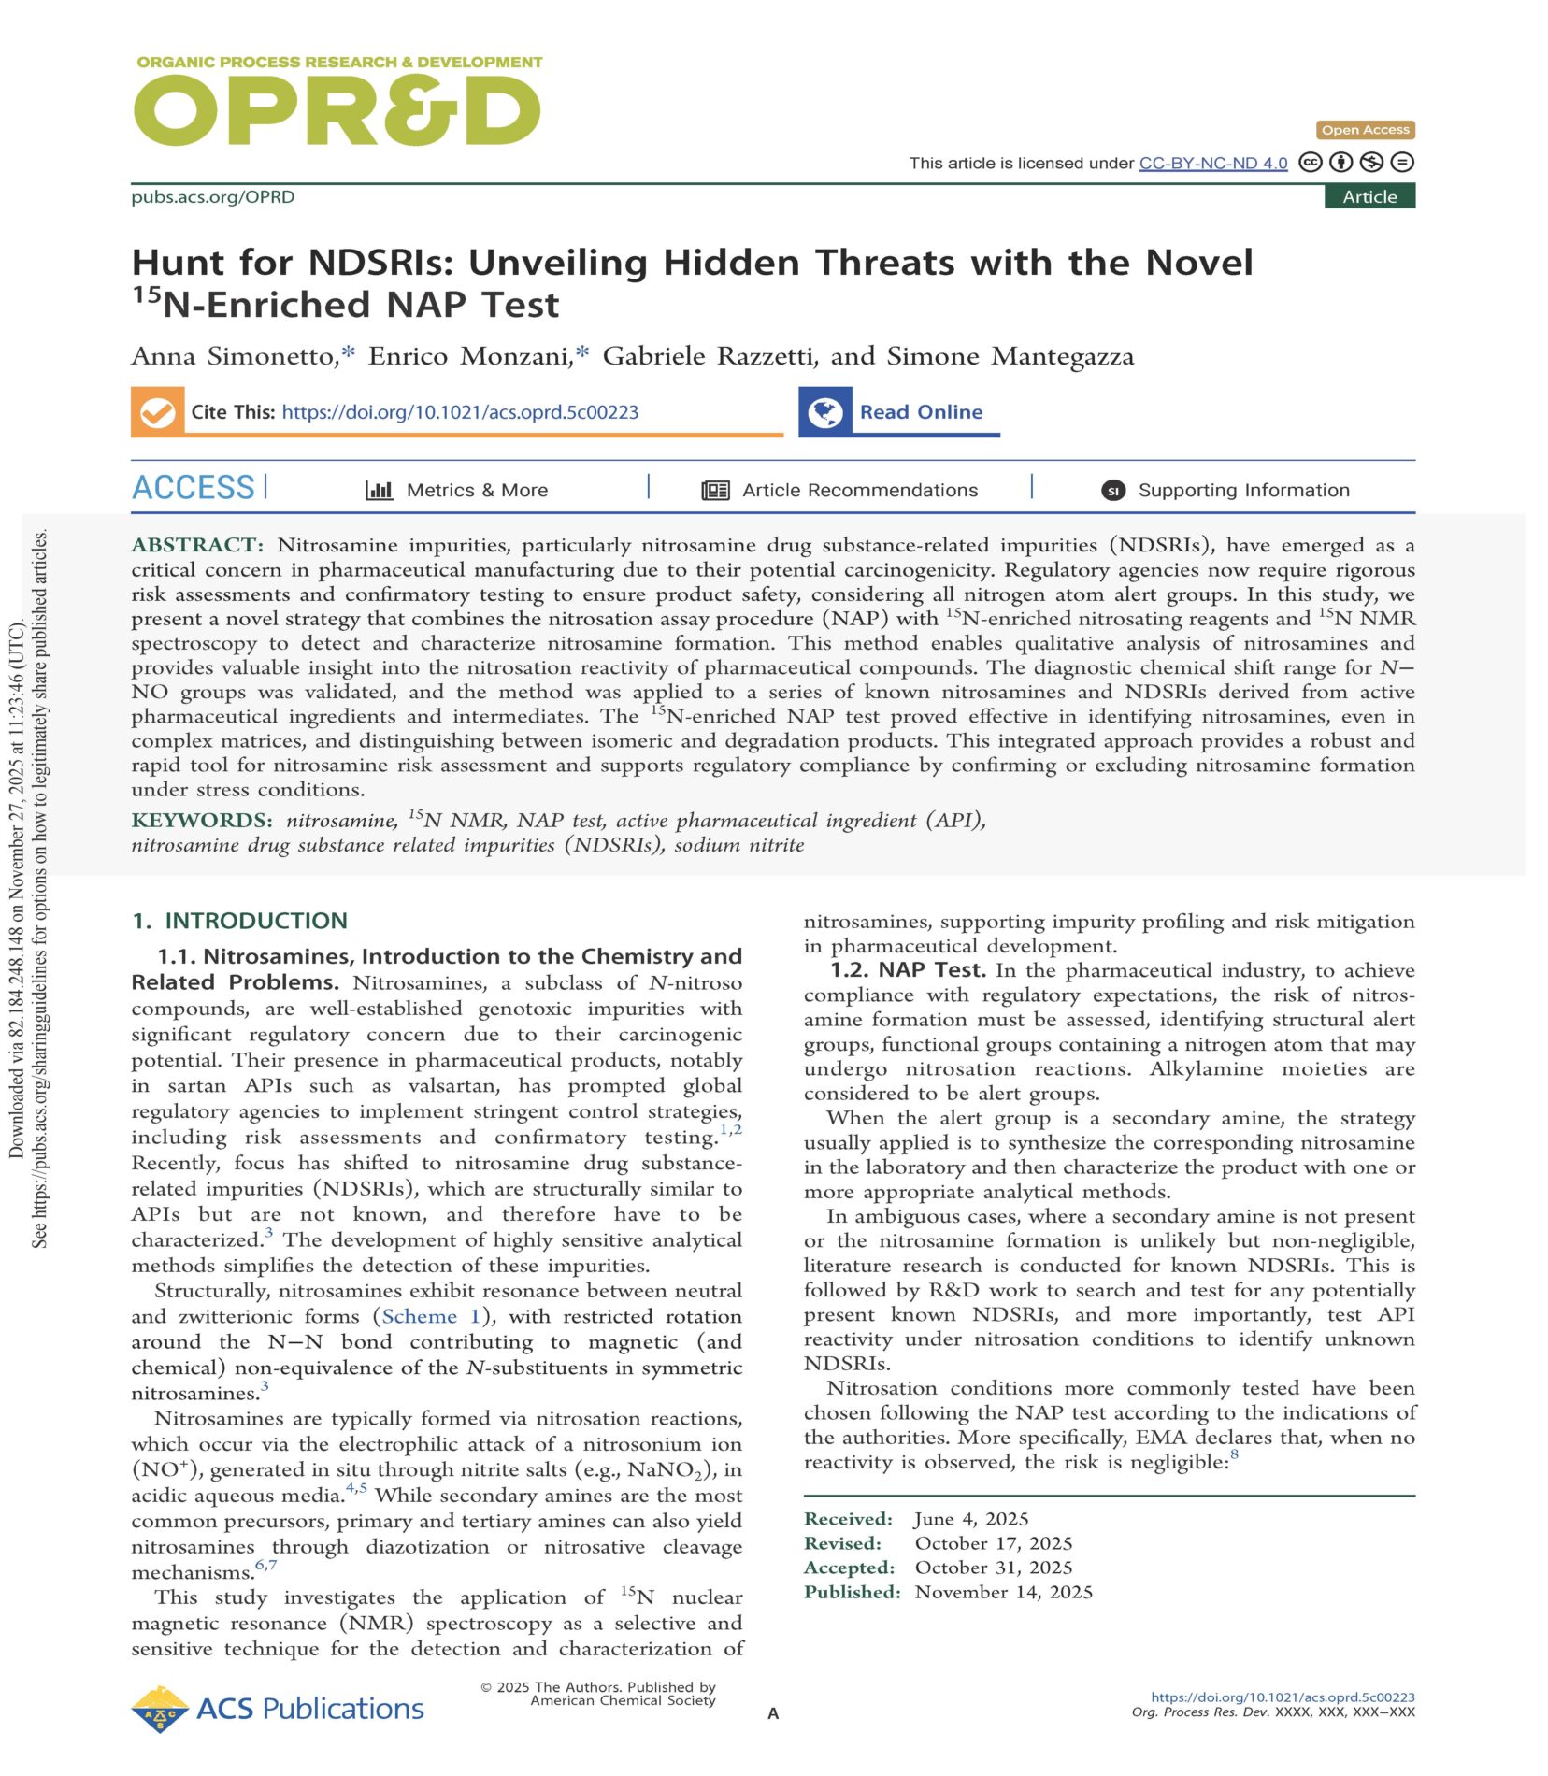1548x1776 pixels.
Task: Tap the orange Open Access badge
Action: click(x=1365, y=130)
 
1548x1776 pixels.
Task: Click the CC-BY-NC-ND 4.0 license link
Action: click(x=1212, y=163)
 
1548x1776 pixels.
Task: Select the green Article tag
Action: click(x=1369, y=196)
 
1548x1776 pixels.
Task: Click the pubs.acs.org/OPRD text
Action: click(x=213, y=197)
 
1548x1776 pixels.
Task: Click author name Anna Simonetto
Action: click(x=234, y=356)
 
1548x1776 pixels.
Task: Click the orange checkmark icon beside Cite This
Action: click(x=158, y=412)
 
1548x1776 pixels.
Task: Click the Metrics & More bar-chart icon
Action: click(x=379, y=490)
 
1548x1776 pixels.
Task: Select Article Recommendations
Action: click(x=859, y=490)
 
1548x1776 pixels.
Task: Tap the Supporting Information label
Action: click(x=1243, y=490)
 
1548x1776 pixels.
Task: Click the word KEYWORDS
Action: click(x=201, y=821)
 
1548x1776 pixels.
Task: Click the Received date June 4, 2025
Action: click(x=971, y=1519)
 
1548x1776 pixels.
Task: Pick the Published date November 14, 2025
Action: click(x=1003, y=1592)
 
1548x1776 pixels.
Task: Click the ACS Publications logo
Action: click(x=278, y=1709)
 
